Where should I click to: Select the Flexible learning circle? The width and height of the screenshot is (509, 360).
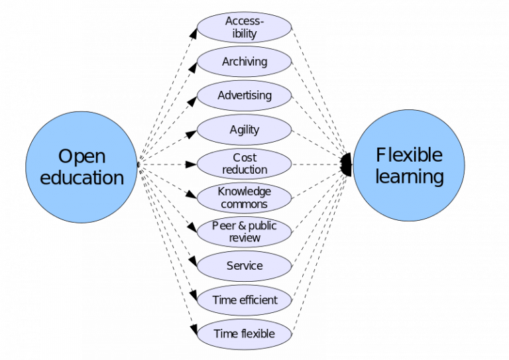pyautogui.click(x=408, y=166)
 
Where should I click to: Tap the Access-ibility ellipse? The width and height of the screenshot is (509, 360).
pyautogui.click(x=245, y=27)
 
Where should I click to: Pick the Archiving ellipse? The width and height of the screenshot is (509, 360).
pyautogui.click(x=245, y=62)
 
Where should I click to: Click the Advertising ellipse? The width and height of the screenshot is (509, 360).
pyautogui.click(x=245, y=95)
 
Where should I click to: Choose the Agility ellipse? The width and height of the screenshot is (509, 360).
pyautogui.click(x=245, y=130)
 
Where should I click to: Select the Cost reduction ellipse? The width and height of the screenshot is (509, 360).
pyautogui.click(x=245, y=164)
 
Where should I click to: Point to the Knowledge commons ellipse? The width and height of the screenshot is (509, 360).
pyautogui.click(x=245, y=198)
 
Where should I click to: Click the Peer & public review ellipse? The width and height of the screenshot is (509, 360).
pyautogui.click(x=245, y=232)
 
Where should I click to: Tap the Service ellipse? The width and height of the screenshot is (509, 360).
pyautogui.click(x=245, y=266)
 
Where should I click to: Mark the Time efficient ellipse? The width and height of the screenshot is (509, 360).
pyautogui.click(x=245, y=300)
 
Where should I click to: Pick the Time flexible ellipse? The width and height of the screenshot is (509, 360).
pyautogui.click(x=245, y=333)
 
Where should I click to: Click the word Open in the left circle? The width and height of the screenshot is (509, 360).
pyautogui.click(x=82, y=156)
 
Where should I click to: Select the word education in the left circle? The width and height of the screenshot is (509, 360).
pyautogui.click(x=82, y=178)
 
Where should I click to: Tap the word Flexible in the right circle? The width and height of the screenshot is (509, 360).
pyautogui.click(x=409, y=155)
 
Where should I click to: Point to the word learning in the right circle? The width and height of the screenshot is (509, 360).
pyautogui.click(x=409, y=177)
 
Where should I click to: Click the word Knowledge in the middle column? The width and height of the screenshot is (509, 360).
pyautogui.click(x=245, y=192)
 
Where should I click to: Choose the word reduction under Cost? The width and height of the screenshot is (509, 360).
pyautogui.click(x=245, y=170)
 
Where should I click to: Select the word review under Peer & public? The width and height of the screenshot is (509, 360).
pyautogui.click(x=245, y=238)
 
